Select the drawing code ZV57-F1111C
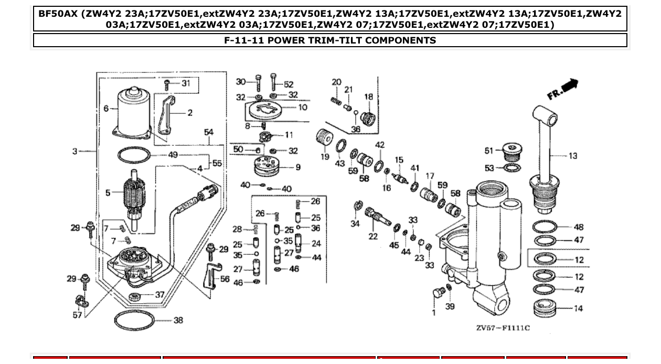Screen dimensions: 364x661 pos(503,328)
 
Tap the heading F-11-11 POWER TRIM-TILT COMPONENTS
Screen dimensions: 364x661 pos(330,40)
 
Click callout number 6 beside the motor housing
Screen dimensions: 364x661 pos(106,109)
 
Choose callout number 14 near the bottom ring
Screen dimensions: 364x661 pos(578,308)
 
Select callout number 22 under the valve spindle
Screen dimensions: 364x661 pos(373,237)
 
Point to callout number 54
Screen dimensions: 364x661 pos(209,132)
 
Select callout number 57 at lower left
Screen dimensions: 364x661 pos(77,315)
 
